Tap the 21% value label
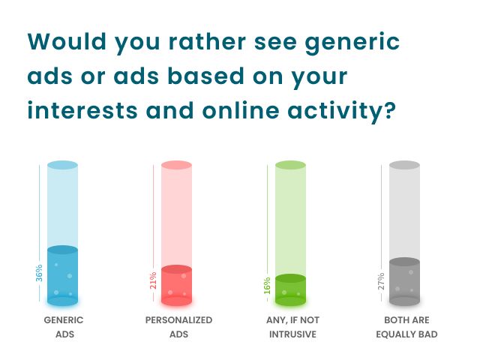(154, 280)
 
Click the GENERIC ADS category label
(63, 327)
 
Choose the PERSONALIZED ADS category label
(178, 327)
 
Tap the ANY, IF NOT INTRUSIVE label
(292, 327)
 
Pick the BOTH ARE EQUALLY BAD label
(406, 327)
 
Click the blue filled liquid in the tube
(63, 277)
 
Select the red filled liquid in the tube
(177, 286)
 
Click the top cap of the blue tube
(63, 165)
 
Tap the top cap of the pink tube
(177, 165)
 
